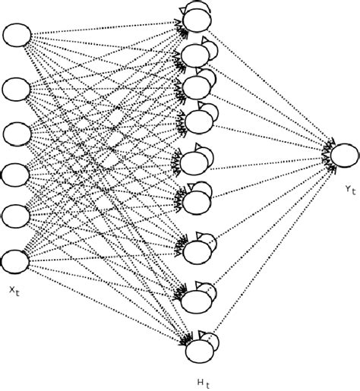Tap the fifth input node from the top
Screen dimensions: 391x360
16,213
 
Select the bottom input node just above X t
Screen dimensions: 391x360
16,261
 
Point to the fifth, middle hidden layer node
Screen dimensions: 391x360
194,162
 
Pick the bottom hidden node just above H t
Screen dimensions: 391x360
196,351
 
